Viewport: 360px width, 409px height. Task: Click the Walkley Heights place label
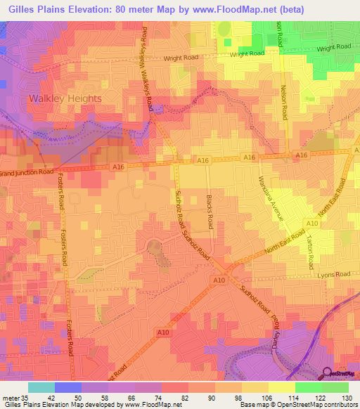(x=65, y=98)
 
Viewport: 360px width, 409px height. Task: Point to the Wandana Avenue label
(x=271, y=198)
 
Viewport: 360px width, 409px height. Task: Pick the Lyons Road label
(x=333, y=275)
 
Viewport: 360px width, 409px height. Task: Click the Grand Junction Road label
(x=27, y=171)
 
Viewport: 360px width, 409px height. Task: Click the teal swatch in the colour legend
(x=41, y=387)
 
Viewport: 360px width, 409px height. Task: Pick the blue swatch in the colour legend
(x=68, y=387)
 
